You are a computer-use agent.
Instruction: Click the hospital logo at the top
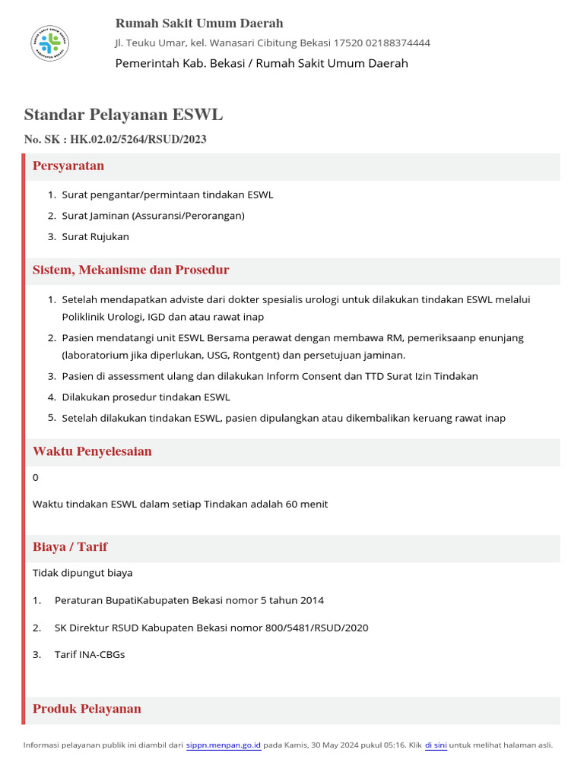coord(49,43)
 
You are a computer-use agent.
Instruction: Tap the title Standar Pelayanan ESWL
coord(123,115)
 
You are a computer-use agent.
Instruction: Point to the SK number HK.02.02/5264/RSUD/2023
coord(138,139)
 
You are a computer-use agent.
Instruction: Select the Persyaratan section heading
coord(68,166)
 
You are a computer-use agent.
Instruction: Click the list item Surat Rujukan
coord(95,236)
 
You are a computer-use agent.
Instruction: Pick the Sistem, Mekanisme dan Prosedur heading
coord(131,270)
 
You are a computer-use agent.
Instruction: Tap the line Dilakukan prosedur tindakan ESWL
coord(145,397)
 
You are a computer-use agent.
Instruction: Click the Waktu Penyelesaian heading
coord(92,451)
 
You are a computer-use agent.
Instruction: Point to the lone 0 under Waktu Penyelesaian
coord(36,477)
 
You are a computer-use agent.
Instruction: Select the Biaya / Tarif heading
coord(70,547)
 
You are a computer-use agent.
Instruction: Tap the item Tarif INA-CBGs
coord(90,654)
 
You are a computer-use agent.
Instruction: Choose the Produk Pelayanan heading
coord(87,709)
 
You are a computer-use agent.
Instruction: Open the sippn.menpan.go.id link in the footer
coord(224,745)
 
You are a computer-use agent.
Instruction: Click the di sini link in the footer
coord(436,745)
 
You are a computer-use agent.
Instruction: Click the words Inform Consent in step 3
coord(304,376)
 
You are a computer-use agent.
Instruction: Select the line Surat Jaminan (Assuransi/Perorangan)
coord(153,215)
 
